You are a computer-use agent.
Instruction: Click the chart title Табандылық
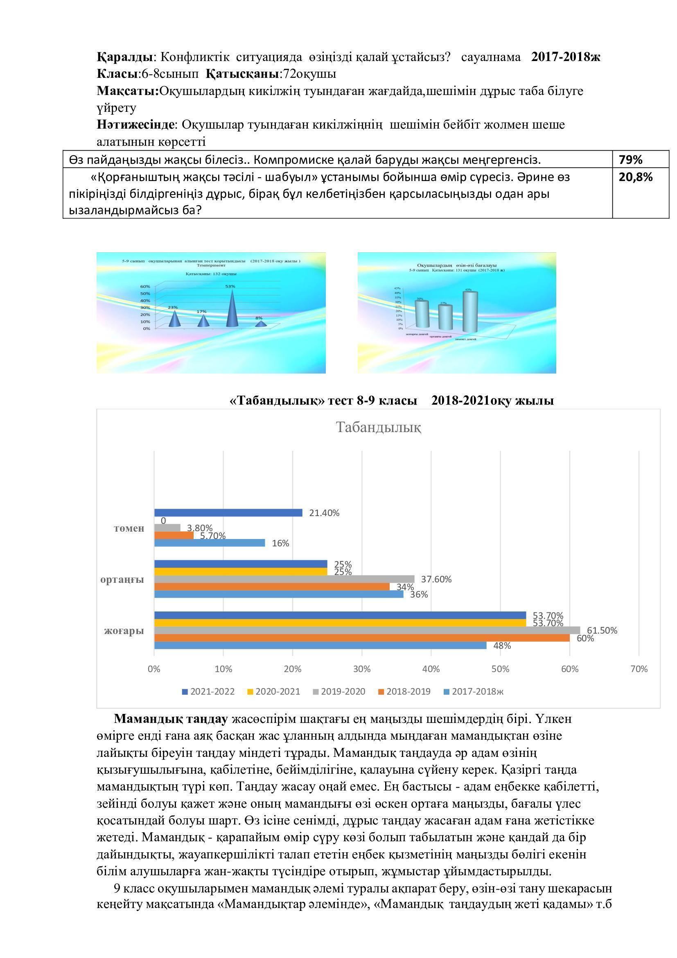(378, 427)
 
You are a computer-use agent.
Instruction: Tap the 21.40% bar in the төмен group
(228, 513)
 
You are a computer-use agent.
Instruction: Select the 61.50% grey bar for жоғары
(367, 630)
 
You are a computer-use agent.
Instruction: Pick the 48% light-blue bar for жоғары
(320, 645)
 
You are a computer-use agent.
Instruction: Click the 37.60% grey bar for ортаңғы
(284, 579)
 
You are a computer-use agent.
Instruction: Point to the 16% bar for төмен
(209, 543)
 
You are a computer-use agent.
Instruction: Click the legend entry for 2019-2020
(338, 691)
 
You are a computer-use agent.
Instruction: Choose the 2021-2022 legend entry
(208, 691)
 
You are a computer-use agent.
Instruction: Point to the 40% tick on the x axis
(431, 669)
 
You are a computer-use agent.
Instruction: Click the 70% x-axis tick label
(639, 669)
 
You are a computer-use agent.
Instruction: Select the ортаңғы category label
(122, 579)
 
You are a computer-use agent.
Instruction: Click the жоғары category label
(124, 630)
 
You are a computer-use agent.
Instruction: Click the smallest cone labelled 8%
(261, 324)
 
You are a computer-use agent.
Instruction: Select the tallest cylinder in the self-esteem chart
(470, 312)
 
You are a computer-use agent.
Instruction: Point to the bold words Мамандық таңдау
(171, 719)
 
